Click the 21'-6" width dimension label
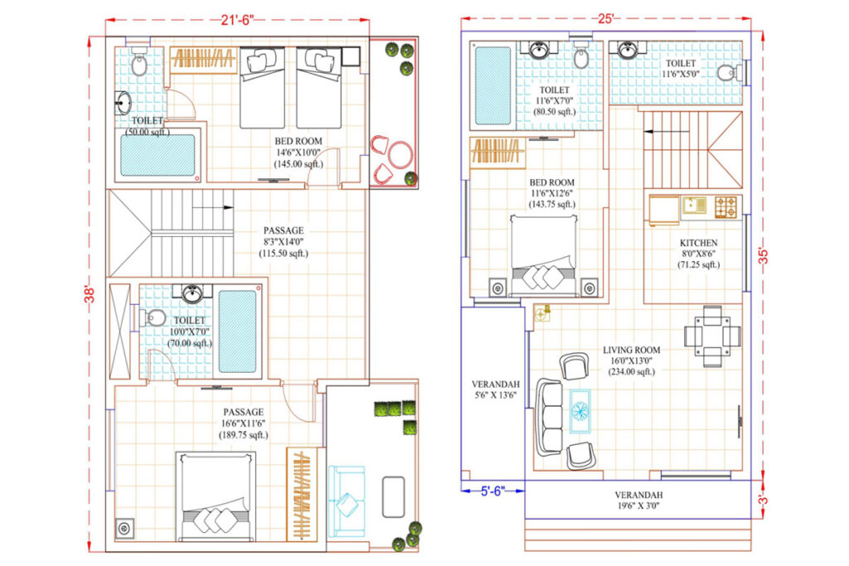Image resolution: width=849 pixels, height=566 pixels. (x=237, y=20)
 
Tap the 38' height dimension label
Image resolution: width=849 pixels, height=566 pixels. (x=90, y=293)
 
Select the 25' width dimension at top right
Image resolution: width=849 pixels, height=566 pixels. (x=605, y=18)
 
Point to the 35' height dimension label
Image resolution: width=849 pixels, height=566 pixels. (x=764, y=255)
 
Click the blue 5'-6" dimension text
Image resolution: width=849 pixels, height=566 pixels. (x=492, y=491)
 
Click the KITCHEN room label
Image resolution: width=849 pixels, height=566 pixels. (x=698, y=243)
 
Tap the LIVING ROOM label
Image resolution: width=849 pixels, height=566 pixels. (x=631, y=350)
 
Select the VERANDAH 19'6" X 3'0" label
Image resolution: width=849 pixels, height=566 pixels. (x=638, y=501)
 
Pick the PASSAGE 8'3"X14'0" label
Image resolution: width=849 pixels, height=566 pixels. (x=284, y=242)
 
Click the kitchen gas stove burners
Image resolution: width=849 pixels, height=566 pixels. (x=725, y=207)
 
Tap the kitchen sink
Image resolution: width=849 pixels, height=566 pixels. (x=694, y=206)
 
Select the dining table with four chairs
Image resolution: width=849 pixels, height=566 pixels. (x=712, y=336)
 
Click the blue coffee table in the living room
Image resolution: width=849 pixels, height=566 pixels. (x=580, y=411)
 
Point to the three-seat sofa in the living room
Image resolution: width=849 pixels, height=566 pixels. (x=550, y=417)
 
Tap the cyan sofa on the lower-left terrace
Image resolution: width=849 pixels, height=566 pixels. (x=346, y=501)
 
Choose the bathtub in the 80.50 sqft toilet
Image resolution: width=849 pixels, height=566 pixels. (x=492, y=85)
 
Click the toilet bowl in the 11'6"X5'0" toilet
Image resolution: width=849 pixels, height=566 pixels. (x=727, y=72)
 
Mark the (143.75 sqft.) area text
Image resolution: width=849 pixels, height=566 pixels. (x=551, y=204)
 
